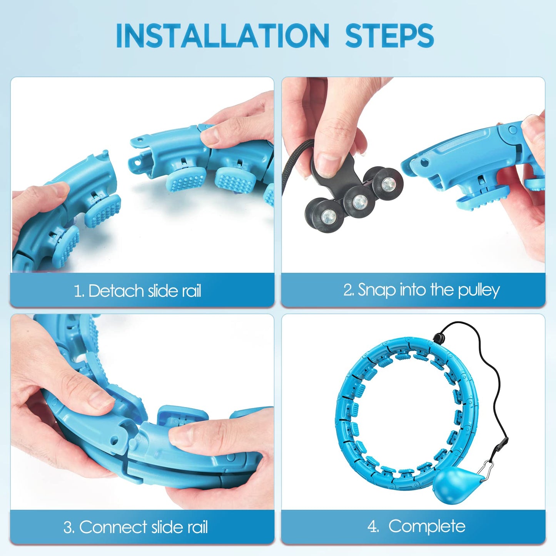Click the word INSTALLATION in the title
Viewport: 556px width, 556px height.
(x=222, y=35)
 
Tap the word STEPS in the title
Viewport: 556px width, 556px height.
(x=389, y=35)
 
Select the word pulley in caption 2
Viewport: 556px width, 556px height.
(x=479, y=290)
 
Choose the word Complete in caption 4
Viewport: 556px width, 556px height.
(x=427, y=526)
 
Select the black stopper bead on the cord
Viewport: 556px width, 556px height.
(x=438, y=336)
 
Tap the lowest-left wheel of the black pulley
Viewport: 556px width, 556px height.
(x=327, y=215)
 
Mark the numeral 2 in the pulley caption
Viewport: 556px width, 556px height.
(x=348, y=290)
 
